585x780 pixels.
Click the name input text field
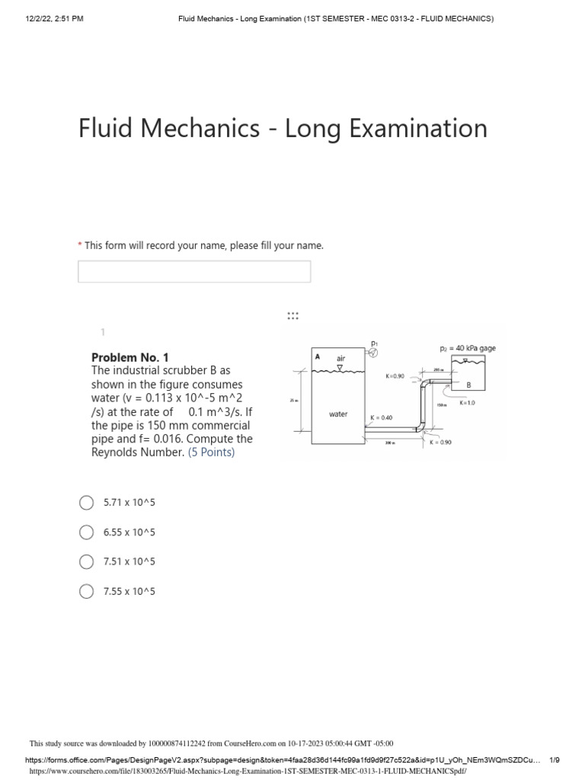[194, 272]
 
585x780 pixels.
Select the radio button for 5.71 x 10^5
[86, 503]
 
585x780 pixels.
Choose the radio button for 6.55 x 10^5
[86, 532]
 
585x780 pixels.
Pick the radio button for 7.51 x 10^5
[86, 562]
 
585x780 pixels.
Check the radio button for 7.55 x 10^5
[86, 592]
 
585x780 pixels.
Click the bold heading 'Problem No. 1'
[130, 357]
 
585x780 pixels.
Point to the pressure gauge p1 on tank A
[374, 352]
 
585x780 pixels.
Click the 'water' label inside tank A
[338, 414]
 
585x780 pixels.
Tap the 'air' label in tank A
[340, 356]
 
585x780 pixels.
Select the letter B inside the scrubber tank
[468, 385]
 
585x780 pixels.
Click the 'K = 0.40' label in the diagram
[381, 417]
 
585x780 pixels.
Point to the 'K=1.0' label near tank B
[467, 403]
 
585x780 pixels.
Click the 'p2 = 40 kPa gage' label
[468, 348]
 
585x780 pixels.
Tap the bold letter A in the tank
[317, 356]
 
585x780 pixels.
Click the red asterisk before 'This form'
[79, 246]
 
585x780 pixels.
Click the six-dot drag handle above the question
[292, 315]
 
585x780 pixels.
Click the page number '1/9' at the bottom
[555, 760]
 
